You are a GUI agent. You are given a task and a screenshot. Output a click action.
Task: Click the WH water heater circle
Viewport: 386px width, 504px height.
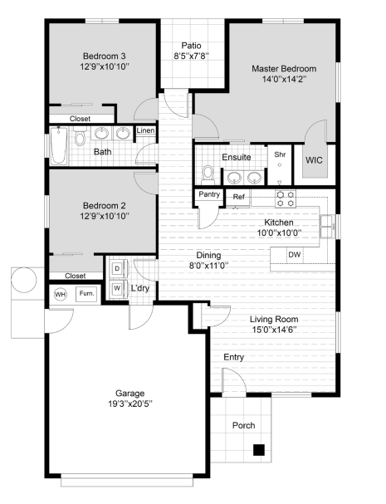[x=60, y=294]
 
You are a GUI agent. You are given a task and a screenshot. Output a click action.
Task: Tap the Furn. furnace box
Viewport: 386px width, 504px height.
[x=86, y=294]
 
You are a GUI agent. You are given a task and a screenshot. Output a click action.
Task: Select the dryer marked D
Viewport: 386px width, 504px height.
[x=117, y=268]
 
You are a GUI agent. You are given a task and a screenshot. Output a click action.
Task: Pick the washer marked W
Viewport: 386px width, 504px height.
[x=117, y=288]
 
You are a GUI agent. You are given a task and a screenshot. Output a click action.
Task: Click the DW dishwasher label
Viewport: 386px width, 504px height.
[x=295, y=255]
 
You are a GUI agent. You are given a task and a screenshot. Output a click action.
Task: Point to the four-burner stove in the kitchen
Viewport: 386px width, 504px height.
[x=286, y=198]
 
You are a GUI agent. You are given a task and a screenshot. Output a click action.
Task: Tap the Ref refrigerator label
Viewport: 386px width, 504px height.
[x=238, y=197]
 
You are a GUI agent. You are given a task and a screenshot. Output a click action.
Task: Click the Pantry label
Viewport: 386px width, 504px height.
[x=209, y=194]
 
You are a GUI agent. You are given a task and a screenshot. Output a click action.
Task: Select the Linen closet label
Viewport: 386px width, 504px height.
[x=145, y=130]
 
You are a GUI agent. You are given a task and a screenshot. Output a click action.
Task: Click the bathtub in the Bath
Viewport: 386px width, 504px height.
[x=59, y=145]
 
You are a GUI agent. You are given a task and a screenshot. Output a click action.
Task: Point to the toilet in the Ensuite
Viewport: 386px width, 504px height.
[x=208, y=175]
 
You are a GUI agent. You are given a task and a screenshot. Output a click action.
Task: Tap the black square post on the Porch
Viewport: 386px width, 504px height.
[x=259, y=450]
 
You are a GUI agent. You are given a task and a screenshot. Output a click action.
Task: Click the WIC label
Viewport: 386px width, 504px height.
[x=314, y=160]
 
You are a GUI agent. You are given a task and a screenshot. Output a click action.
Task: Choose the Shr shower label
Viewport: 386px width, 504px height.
[x=280, y=154]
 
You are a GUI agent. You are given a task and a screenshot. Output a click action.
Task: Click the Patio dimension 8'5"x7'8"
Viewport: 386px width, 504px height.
[x=192, y=56]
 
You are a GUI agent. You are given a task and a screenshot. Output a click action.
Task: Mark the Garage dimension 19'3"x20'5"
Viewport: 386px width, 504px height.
[x=130, y=404]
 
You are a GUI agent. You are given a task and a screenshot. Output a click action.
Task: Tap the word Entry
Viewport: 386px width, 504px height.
[x=233, y=357]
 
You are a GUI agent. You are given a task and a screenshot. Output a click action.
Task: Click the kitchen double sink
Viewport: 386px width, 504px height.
[x=328, y=227]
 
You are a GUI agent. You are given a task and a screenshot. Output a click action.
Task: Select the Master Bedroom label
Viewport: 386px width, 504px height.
[x=284, y=68]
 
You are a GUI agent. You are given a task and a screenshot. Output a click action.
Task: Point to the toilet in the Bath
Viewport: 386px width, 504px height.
[x=79, y=136]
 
